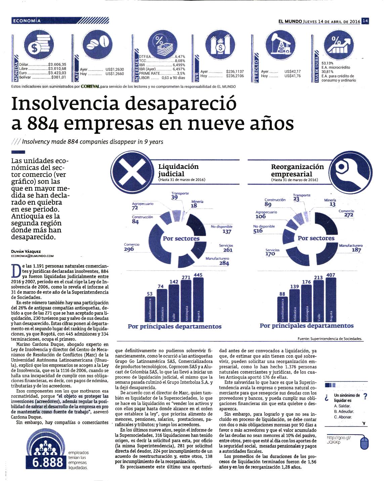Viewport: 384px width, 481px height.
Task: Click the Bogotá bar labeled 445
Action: (198, 300)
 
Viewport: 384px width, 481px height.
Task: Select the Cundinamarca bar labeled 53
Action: (150, 309)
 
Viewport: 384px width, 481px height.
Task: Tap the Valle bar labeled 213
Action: (318, 301)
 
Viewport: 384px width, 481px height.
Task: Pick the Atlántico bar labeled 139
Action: (295, 305)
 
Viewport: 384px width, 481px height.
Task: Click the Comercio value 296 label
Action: (129, 249)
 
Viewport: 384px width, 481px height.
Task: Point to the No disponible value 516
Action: (258, 231)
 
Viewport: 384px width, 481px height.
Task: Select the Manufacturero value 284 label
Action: (224, 263)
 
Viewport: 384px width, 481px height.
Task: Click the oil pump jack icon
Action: (280, 45)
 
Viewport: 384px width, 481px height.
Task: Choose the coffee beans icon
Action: (97, 44)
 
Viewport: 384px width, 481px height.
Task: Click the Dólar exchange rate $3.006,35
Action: (57, 65)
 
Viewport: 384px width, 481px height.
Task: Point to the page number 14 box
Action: (365, 21)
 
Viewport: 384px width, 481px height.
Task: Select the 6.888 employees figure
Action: (48, 462)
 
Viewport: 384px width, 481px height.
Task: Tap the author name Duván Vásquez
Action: (26, 252)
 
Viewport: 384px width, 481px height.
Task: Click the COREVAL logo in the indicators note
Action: (90, 86)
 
